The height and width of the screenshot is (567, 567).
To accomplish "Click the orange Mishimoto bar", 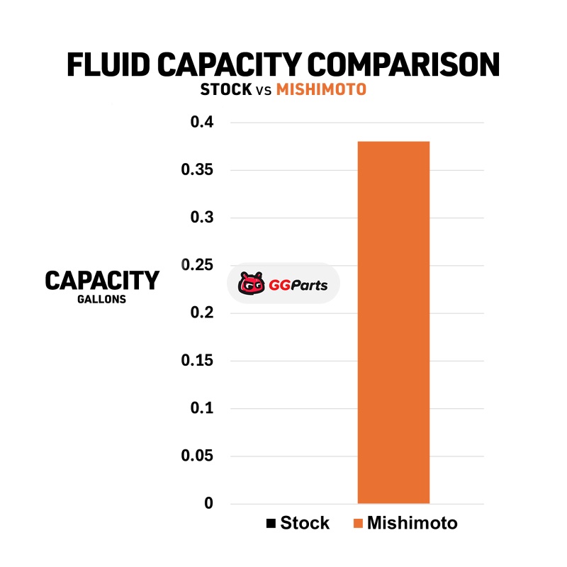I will coord(393,322).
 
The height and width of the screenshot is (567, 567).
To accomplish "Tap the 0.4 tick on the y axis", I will coord(202,123).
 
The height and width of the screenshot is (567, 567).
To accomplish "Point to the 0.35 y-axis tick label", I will coord(198,170).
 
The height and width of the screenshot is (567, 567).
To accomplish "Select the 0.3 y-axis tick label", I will coord(202,218).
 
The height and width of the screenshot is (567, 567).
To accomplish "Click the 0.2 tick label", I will coord(202,313).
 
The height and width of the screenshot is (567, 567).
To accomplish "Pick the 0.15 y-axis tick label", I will coord(198,361).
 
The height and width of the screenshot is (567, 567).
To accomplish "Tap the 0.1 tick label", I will coord(202,408).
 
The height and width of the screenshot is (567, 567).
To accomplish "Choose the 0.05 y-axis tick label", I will coord(198,456).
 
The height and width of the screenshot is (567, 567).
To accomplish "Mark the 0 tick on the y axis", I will coord(208,503).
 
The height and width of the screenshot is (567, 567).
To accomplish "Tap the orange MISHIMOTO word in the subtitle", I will coord(322,91).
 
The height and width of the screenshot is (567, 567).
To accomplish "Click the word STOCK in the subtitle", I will coord(226,91).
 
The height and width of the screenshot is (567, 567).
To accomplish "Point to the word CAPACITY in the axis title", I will coord(102,281).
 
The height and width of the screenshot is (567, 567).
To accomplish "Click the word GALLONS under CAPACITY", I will coord(102,300).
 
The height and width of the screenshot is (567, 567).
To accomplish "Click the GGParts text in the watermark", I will coord(298,286).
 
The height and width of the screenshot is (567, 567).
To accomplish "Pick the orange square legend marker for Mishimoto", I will coord(358,524).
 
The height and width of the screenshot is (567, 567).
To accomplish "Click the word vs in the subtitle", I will coord(264,91).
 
